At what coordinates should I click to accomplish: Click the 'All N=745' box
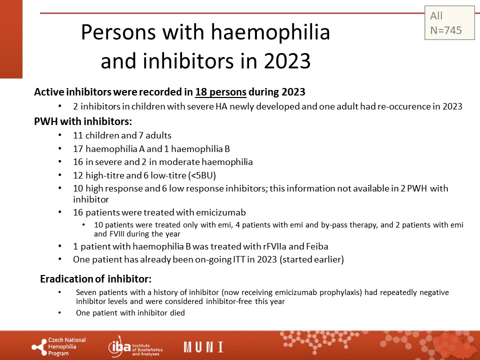tap(449, 22)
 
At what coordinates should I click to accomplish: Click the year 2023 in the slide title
tap(287, 60)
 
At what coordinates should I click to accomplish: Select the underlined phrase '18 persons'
tap(220, 92)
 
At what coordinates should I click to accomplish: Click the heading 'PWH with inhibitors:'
tap(83, 121)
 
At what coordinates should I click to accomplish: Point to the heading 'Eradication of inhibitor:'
tap(96, 279)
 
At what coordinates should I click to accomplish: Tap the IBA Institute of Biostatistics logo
tap(135, 347)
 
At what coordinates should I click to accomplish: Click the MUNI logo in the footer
tap(203, 347)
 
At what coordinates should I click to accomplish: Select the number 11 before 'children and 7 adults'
tap(78, 135)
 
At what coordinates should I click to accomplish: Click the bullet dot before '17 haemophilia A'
tap(60, 148)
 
